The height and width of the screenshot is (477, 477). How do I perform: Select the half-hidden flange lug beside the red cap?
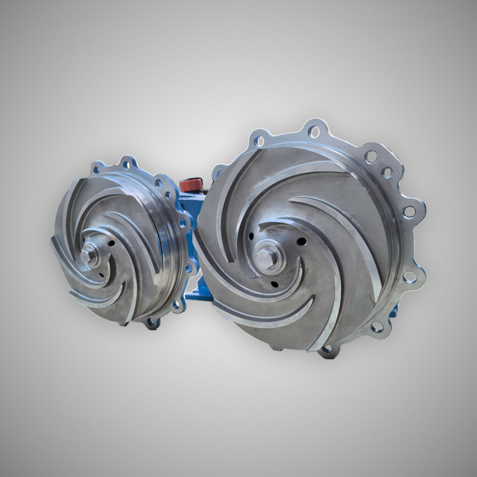click(x=217, y=173)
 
